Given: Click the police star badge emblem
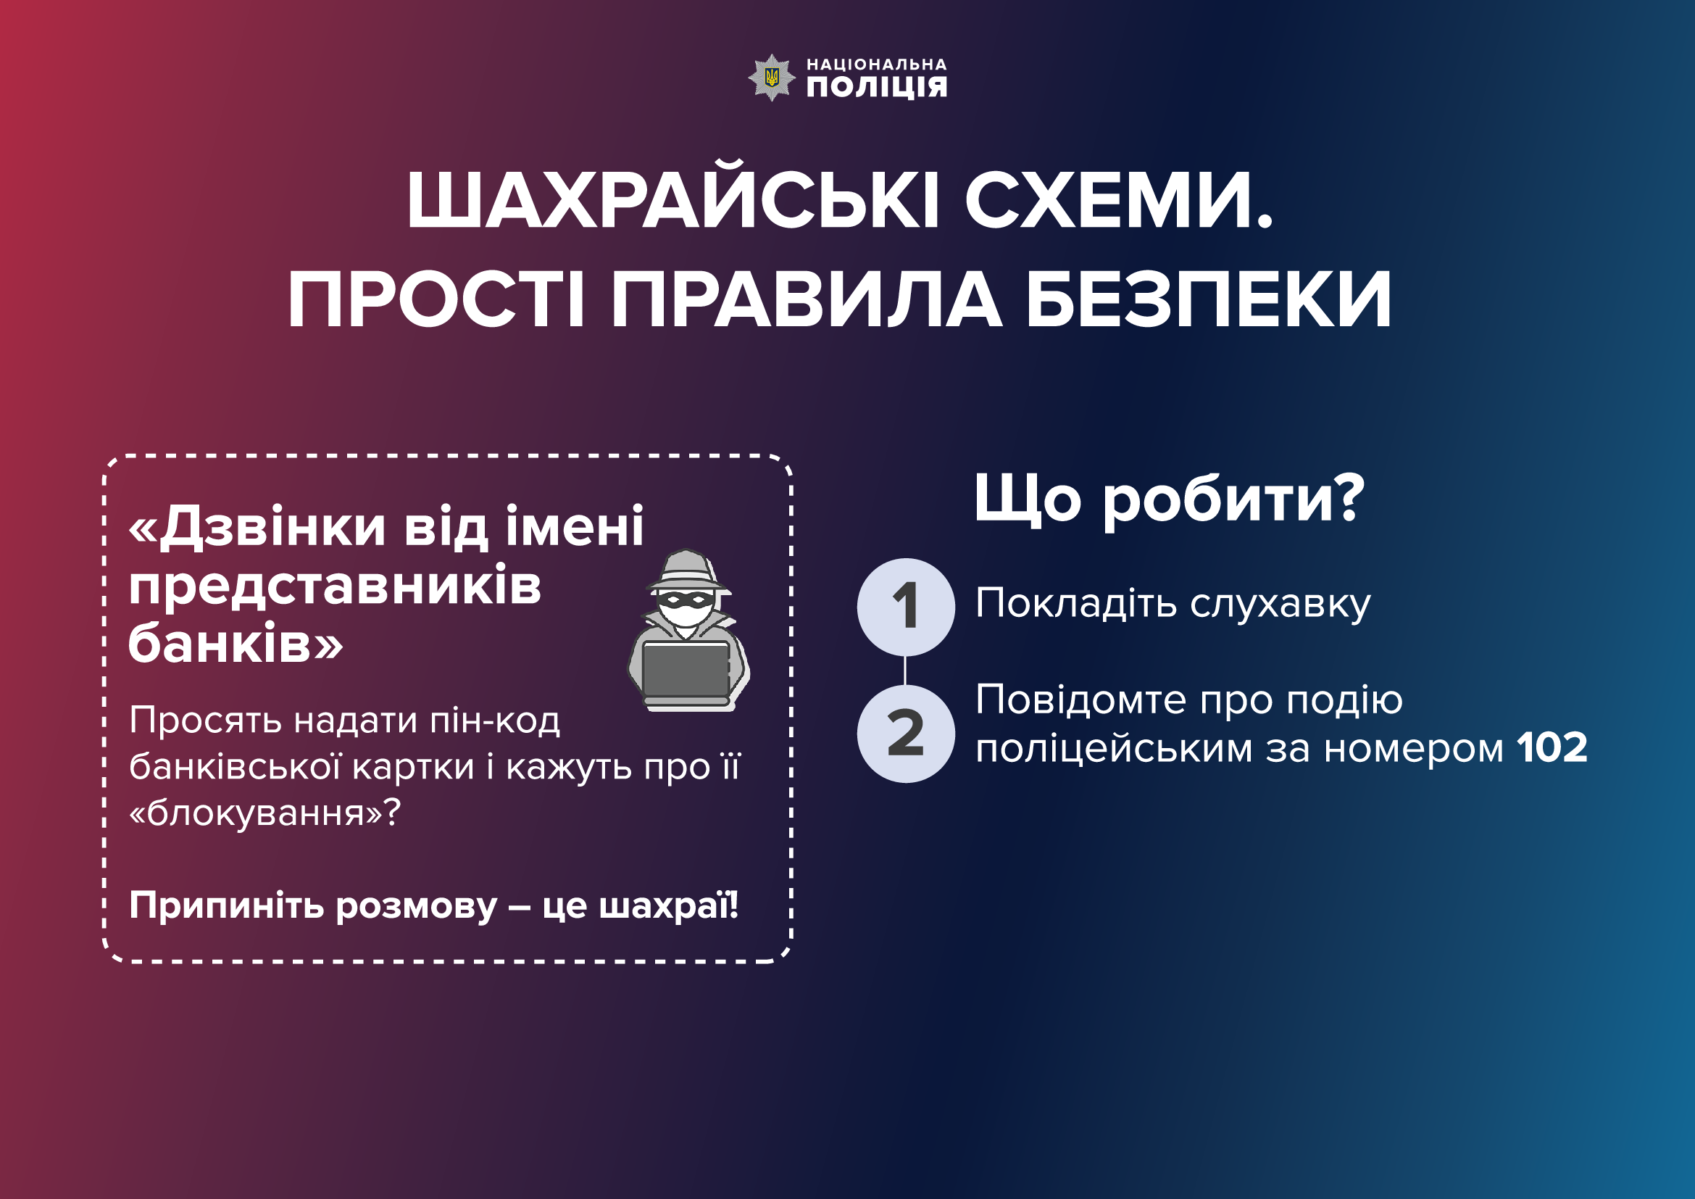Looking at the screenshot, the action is (772, 78).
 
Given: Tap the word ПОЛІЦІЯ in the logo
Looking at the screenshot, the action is (876, 87).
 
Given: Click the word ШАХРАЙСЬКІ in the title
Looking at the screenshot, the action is (673, 201).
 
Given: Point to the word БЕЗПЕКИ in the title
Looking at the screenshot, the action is (1209, 300).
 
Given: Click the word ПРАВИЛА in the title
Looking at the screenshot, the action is (807, 300).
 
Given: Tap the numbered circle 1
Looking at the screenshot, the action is (906, 607).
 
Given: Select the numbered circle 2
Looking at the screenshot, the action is (906, 734).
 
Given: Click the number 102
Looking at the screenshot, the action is (1552, 748).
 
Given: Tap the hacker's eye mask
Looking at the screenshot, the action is (686, 599).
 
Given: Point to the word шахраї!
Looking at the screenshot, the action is (668, 905).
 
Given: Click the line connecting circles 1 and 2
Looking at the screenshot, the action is (905, 671).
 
